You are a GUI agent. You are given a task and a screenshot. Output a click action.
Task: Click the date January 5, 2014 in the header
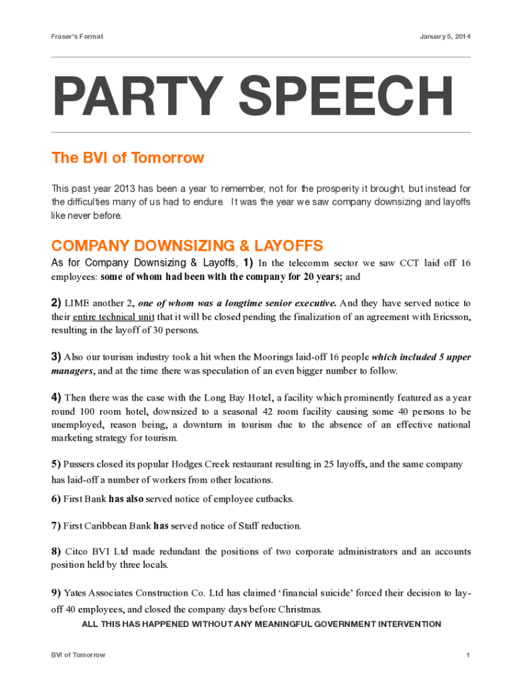[x=444, y=36]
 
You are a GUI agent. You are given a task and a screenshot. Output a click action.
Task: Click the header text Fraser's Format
[x=77, y=36]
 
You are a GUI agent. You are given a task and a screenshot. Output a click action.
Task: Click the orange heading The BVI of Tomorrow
[x=127, y=158]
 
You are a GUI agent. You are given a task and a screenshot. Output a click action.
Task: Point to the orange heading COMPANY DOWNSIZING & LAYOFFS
[x=187, y=245]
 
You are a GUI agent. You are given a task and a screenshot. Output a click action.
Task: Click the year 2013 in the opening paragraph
[x=127, y=188]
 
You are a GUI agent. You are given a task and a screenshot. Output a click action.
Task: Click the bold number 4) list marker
[x=56, y=397]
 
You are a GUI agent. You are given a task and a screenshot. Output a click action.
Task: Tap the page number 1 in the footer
[x=468, y=655]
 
